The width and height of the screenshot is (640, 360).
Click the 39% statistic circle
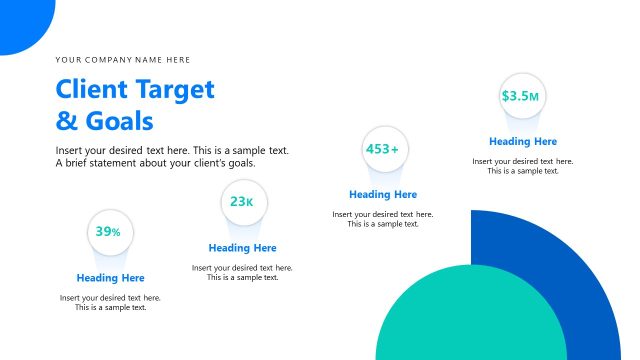[110, 232]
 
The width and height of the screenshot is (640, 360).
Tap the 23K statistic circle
[243, 202]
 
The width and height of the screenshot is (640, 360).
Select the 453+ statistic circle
[383, 149]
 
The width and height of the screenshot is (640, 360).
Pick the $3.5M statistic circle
[522, 96]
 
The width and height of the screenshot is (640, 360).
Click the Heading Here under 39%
[110, 278]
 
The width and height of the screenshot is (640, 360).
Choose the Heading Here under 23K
[243, 248]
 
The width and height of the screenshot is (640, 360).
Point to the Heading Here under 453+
[383, 195]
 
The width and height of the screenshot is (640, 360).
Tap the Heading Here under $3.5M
[523, 142]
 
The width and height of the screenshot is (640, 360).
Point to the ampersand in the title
[66, 122]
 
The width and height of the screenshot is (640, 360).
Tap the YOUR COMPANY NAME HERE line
[123, 60]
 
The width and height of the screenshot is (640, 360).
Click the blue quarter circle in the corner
[20, 20]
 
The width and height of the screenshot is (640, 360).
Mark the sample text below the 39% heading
[110, 302]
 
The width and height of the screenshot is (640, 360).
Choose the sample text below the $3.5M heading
[523, 166]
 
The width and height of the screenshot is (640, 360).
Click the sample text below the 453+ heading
[383, 219]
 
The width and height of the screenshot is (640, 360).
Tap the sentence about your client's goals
[155, 163]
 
